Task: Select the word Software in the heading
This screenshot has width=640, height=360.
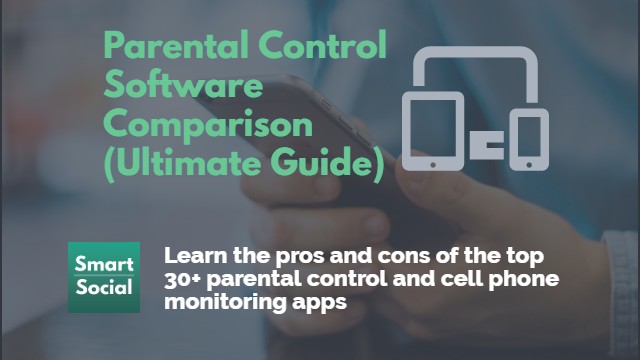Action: (184, 86)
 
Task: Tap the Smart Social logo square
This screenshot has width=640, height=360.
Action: (104, 277)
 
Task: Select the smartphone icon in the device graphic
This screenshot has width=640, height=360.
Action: (528, 139)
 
